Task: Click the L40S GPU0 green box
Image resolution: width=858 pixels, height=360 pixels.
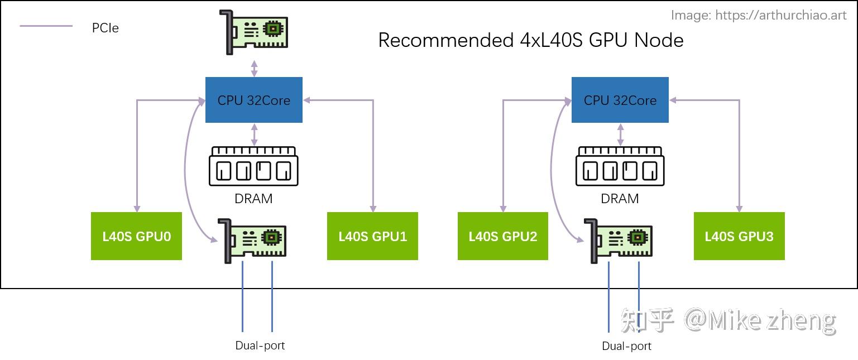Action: pyautogui.click(x=136, y=236)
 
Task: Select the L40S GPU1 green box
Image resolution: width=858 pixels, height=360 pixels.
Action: pyautogui.click(x=372, y=236)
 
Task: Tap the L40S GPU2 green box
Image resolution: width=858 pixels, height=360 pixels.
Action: pyautogui.click(x=502, y=236)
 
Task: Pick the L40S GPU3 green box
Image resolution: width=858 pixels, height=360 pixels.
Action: pyautogui.click(x=739, y=236)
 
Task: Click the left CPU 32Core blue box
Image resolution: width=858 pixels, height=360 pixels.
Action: pyautogui.click(x=254, y=100)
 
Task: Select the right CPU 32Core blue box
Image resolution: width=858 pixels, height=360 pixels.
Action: pyautogui.click(x=620, y=100)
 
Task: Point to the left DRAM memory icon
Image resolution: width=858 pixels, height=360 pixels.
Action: pyautogui.click(x=254, y=166)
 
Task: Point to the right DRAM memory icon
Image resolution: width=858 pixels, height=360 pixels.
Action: pyautogui.click(x=620, y=166)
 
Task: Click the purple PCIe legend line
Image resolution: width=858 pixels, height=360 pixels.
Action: pyautogui.click(x=46, y=26)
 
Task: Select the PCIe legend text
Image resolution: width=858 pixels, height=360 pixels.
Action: pyautogui.click(x=106, y=27)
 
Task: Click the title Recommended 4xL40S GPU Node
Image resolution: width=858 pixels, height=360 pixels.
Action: pyautogui.click(x=530, y=40)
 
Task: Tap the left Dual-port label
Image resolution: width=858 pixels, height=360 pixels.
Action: pyautogui.click(x=260, y=345)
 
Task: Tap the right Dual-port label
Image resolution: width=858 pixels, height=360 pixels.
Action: pyautogui.click(x=626, y=346)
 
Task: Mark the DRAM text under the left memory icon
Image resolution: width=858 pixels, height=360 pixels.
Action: pyautogui.click(x=254, y=198)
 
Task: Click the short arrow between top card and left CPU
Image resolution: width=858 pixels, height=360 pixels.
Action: pyautogui.click(x=255, y=68)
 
